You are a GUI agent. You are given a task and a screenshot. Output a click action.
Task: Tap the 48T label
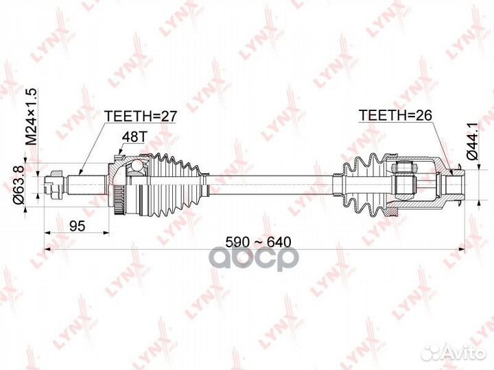132,136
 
